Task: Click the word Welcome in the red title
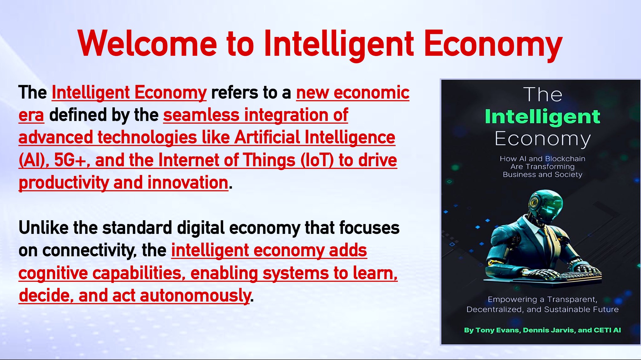(x=147, y=44)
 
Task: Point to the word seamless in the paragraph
(x=201, y=115)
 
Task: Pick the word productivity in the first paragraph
(x=64, y=183)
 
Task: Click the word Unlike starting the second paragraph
(x=43, y=228)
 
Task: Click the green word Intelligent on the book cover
(x=542, y=117)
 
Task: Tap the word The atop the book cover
(x=542, y=94)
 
